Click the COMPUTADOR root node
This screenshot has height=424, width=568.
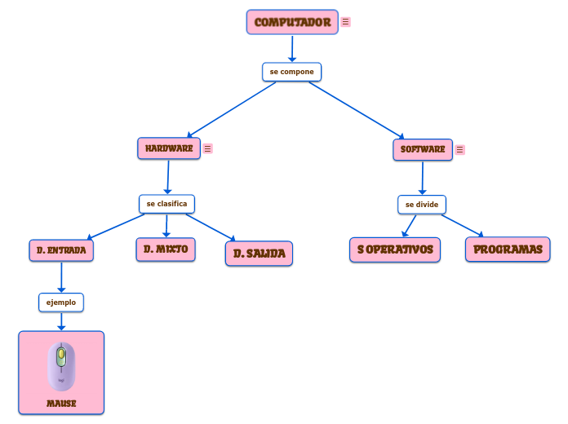pyautogui.click(x=292, y=22)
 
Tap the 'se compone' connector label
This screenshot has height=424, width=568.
pyautogui.click(x=291, y=72)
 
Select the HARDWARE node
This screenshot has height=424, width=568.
pyautogui.click(x=169, y=148)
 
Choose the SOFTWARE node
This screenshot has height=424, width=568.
pyautogui.click(x=423, y=149)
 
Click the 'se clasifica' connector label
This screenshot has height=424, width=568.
pyautogui.click(x=166, y=203)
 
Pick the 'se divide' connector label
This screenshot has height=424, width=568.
pyautogui.click(x=422, y=204)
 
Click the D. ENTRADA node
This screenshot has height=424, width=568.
pyautogui.click(x=61, y=250)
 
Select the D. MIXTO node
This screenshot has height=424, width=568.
pyautogui.click(x=166, y=249)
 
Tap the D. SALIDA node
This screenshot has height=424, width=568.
pyautogui.click(x=259, y=254)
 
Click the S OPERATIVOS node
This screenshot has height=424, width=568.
pyautogui.click(x=395, y=250)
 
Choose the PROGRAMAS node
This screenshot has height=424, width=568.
pyautogui.click(x=508, y=250)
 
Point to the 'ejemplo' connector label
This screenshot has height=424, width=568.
pyautogui.click(x=61, y=302)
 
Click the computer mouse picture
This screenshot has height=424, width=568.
pyautogui.click(x=61, y=366)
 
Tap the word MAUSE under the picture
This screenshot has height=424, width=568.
pyautogui.click(x=61, y=404)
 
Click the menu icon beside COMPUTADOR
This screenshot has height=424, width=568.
pyautogui.click(x=346, y=22)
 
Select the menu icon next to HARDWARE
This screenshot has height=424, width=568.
pyautogui.click(x=208, y=148)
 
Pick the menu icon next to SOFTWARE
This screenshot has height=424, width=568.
pyautogui.click(x=460, y=150)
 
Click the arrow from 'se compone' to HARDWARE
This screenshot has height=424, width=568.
pyautogui.click(x=233, y=108)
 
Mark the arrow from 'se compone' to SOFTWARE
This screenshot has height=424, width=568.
pyautogui.click(x=356, y=109)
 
